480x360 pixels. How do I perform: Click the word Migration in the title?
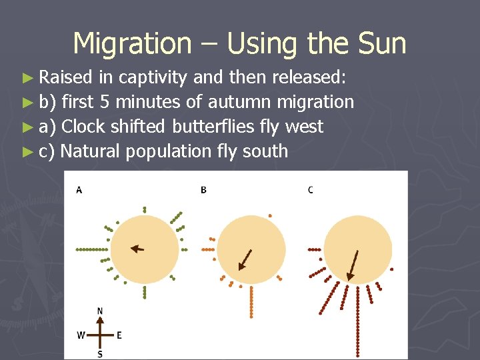(x=131, y=43)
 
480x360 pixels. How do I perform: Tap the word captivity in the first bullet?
(x=153, y=78)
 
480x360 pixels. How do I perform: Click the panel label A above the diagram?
(x=79, y=190)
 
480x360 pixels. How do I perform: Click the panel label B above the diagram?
(x=203, y=190)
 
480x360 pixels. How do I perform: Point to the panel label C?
(x=311, y=190)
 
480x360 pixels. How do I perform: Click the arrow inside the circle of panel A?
(x=137, y=249)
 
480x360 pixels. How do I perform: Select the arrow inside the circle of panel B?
(x=245, y=259)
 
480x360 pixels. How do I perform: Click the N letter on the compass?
(x=100, y=311)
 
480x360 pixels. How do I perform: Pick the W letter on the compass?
(x=81, y=335)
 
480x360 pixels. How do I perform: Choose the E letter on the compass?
(x=119, y=335)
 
